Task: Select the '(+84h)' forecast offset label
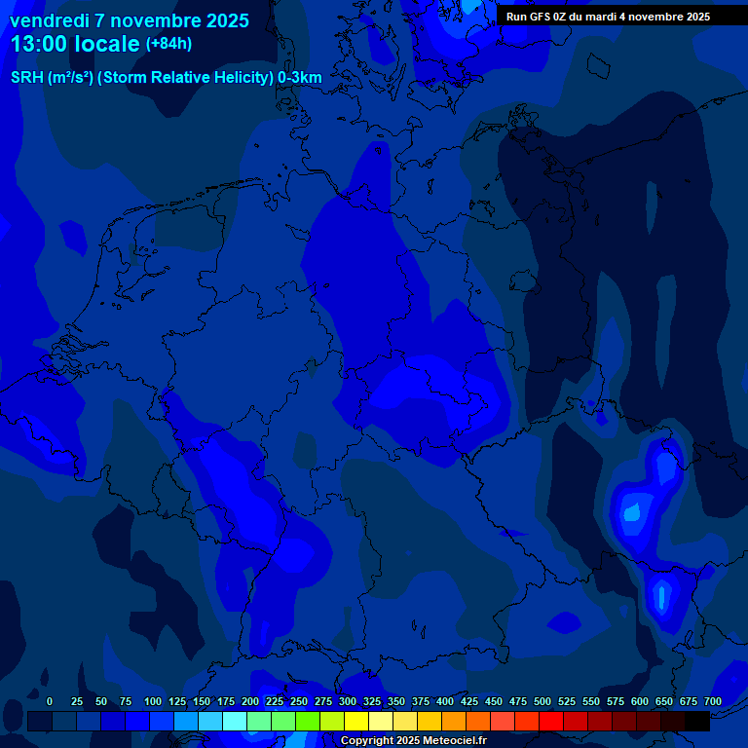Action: point(168,43)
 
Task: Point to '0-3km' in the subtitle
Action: point(299,78)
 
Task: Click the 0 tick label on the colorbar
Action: point(50,701)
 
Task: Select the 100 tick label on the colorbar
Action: point(152,701)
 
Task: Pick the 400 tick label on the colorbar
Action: point(445,701)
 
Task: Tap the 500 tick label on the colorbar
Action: point(542,701)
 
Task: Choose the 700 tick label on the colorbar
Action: point(713,701)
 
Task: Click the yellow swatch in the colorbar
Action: point(356,721)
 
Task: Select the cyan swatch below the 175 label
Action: point(235,721)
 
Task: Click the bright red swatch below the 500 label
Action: point(551,721)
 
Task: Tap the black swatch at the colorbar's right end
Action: point(697,721)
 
